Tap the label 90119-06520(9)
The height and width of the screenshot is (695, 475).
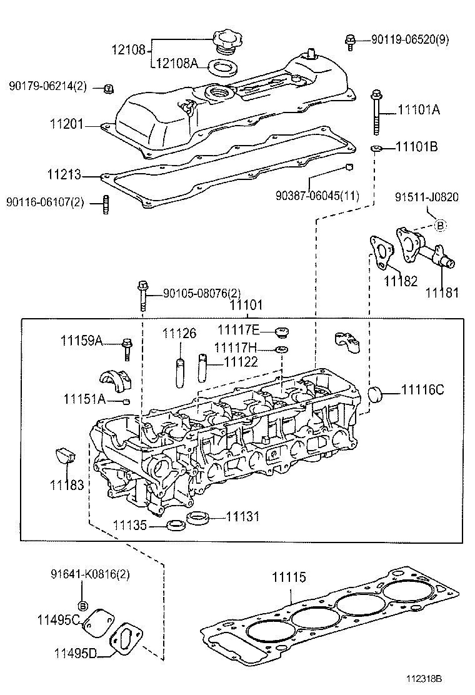(x=409, y=39)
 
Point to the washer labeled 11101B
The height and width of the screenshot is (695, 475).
(x=376, y=148)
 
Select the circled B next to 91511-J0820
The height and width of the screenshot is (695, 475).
(x=439, y=225)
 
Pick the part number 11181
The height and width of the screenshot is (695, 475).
(x=442, y=292)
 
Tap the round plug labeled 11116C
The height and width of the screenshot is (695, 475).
(x=375, y=395)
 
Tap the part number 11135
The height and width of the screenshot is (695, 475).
(x=130, y=526)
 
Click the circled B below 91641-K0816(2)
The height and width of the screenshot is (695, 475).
(x=82, y=605)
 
